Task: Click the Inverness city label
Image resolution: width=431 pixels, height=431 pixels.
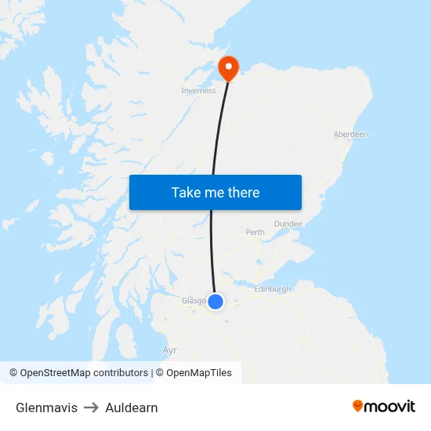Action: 198,91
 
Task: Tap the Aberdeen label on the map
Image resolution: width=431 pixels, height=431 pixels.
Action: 350,135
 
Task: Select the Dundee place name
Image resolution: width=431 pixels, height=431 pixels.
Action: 288,223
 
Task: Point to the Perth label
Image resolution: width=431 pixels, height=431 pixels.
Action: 255,233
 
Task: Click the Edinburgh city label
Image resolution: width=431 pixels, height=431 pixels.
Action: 273,289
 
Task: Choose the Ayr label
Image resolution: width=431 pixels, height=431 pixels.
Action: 169,350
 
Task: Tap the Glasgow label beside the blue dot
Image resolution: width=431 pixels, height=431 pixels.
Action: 193,300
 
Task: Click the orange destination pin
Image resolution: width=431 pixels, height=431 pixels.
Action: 228,68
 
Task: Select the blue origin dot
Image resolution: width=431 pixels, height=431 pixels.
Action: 215,301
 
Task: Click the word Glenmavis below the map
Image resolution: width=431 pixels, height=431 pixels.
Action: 46,407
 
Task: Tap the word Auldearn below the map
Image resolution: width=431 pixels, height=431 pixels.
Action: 132,407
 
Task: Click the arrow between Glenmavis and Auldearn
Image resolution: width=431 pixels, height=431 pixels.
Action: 91,407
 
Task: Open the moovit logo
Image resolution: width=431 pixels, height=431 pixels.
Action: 384,406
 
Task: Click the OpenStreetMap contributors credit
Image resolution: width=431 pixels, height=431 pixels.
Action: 78,373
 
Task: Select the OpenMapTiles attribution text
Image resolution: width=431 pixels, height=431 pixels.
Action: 194,373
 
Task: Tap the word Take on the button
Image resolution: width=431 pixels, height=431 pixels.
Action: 186,193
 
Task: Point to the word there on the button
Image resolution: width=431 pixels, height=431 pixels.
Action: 244,193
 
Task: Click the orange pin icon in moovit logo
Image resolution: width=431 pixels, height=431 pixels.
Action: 358,406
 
